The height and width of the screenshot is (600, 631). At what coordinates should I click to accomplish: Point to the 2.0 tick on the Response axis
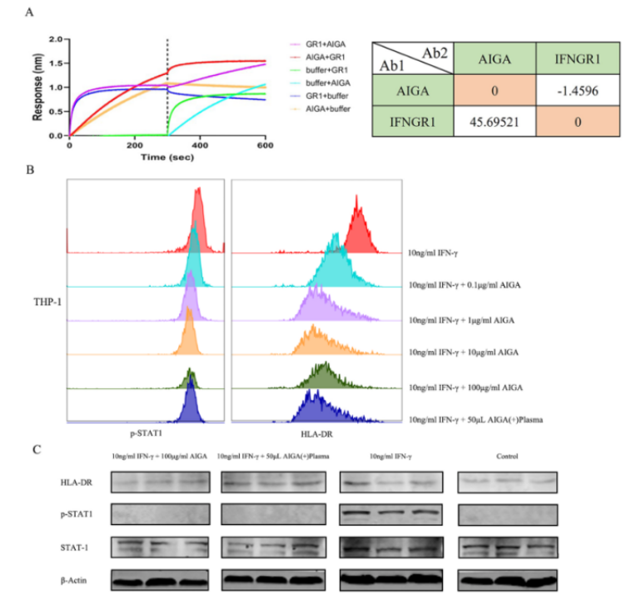click(56, 39)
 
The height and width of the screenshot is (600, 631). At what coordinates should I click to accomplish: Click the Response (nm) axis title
click(37, 87)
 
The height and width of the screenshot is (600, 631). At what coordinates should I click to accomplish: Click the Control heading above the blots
click(506, 457)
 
